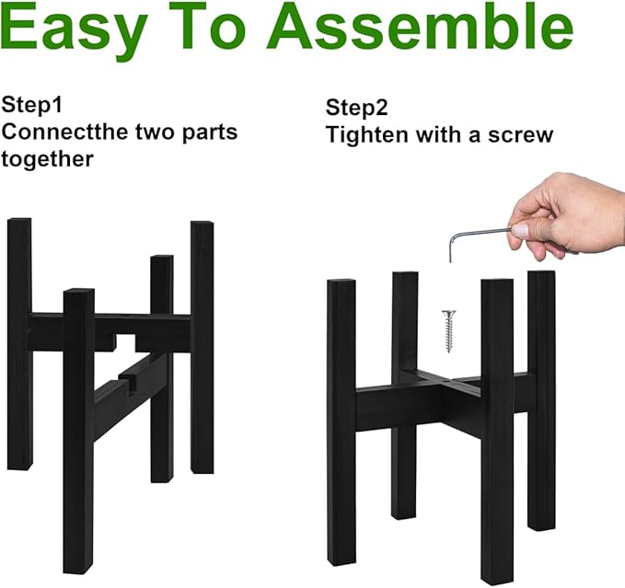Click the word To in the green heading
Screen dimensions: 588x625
click(x=226, y=30)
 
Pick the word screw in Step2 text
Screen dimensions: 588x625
click(x=522, y=135)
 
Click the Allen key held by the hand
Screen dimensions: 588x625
click(x=479, y=233)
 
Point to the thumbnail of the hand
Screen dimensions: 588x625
click(x=520, y=229)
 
